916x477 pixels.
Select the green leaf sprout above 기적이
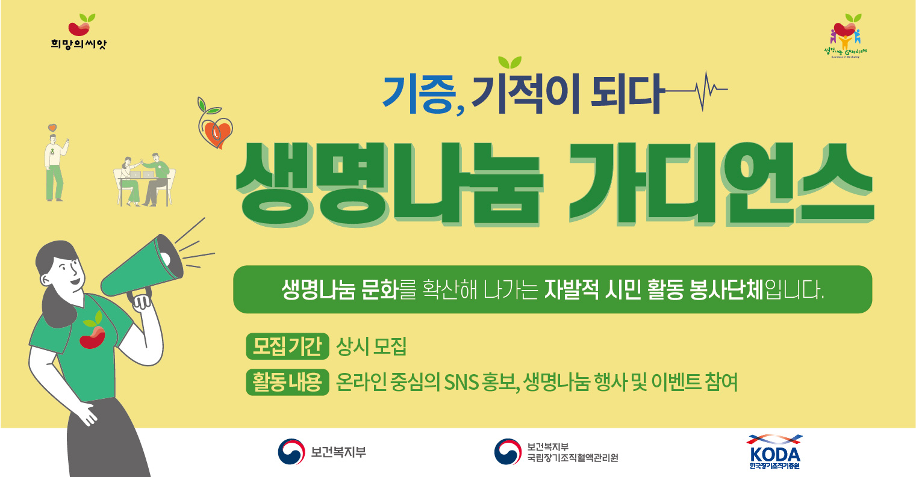coord(509,63)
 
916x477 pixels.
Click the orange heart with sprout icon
coord(216,127)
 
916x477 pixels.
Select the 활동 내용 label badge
coord(287,382)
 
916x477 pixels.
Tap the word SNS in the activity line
coord(460,382)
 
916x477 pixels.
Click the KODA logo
coord(774,451)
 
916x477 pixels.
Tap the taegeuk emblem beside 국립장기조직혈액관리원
coord(507,451)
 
